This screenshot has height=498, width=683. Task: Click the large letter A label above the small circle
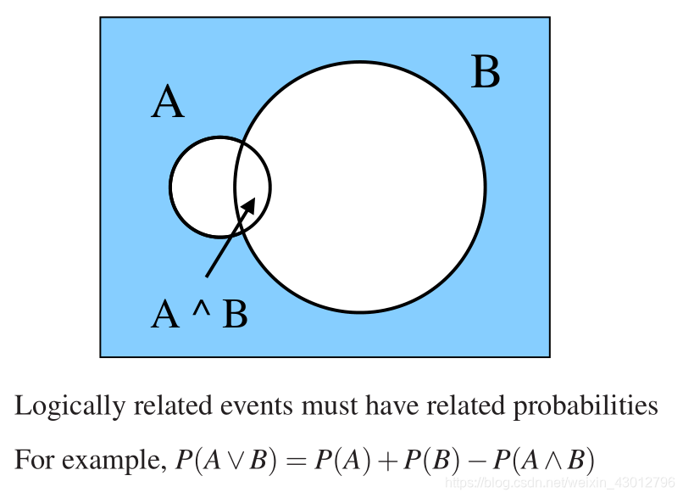pyautogui.click(x=168, y=104)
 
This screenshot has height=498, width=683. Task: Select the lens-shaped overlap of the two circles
pyautogui.click(x=253, y=187)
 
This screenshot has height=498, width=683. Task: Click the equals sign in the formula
pyautogui.click(x=294, y=461)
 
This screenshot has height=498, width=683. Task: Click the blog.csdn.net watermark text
pyautogui.click(x=559, y=483)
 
